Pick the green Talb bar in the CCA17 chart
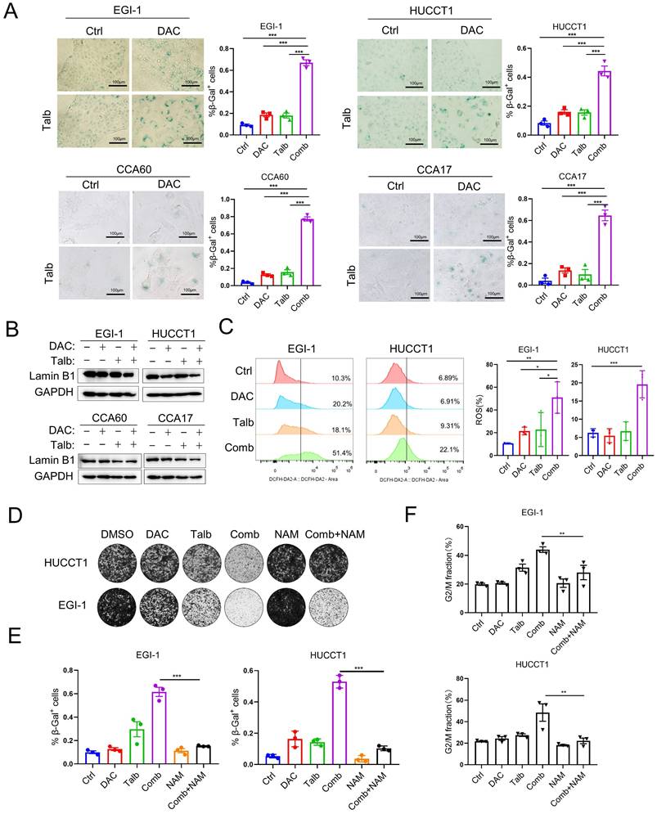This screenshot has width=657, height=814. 581,278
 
